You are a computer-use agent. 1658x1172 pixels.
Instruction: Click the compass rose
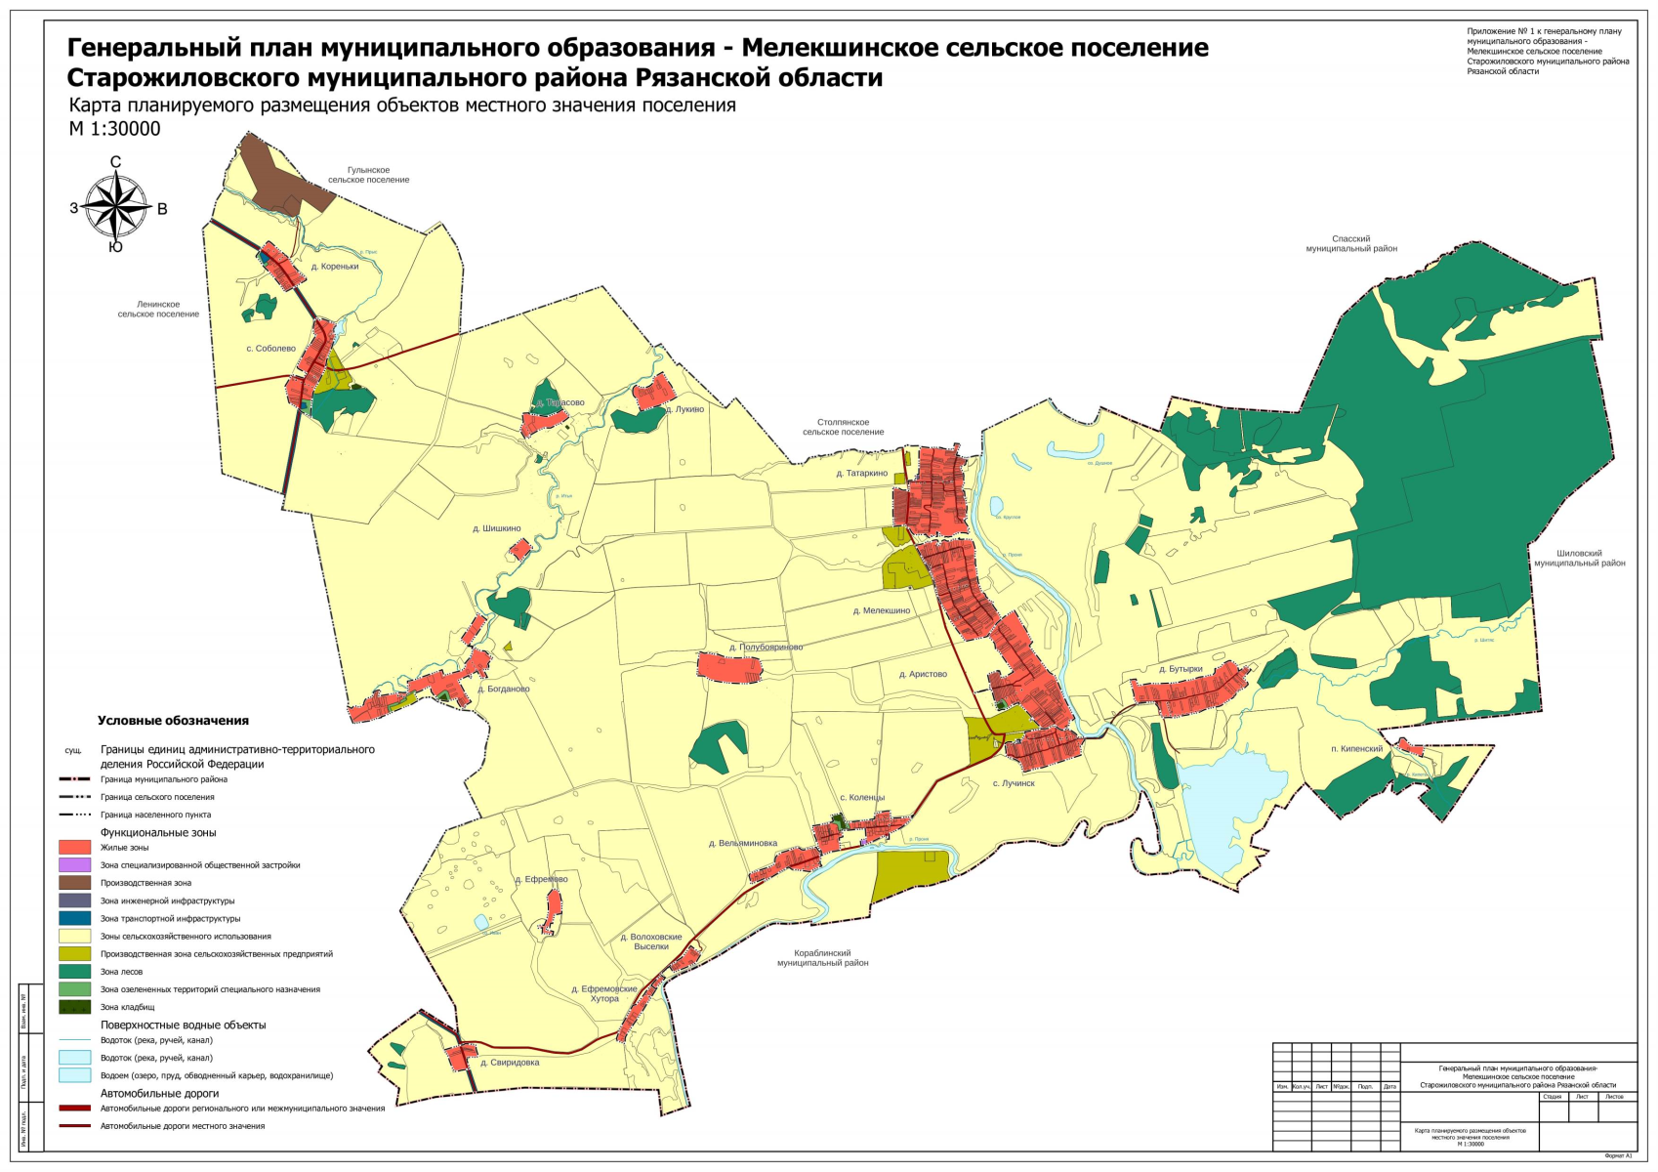coord(116,206)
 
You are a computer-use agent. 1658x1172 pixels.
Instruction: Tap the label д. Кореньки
coord(335,266)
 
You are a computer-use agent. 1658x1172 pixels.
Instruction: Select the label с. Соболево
coord(270,349)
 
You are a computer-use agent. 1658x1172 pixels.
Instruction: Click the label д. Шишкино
coord(496,528)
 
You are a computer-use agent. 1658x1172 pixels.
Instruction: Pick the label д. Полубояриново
coord(766,648)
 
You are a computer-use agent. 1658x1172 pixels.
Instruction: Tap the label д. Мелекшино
coord(881,610)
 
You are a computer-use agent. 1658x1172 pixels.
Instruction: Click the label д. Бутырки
coord(1181,669)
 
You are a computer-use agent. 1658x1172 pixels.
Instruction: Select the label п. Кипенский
coord(1356,749)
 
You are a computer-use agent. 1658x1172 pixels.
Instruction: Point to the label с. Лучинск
coord(1014,783)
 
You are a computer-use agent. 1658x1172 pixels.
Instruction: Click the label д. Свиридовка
coord(510,1063)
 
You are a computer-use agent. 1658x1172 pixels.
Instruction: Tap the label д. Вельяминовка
coord(742,843)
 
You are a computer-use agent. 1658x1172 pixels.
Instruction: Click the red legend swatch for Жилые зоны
coord(74,848)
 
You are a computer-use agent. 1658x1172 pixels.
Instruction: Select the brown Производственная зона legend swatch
coord(74,883)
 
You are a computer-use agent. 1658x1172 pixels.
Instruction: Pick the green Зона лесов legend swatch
coord(74,972)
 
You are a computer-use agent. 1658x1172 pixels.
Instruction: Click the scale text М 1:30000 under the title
coord(114,129)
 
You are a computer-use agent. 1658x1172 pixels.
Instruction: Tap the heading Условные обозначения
coord(173,721)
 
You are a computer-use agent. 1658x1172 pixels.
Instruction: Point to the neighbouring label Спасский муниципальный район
coord(1350,243)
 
